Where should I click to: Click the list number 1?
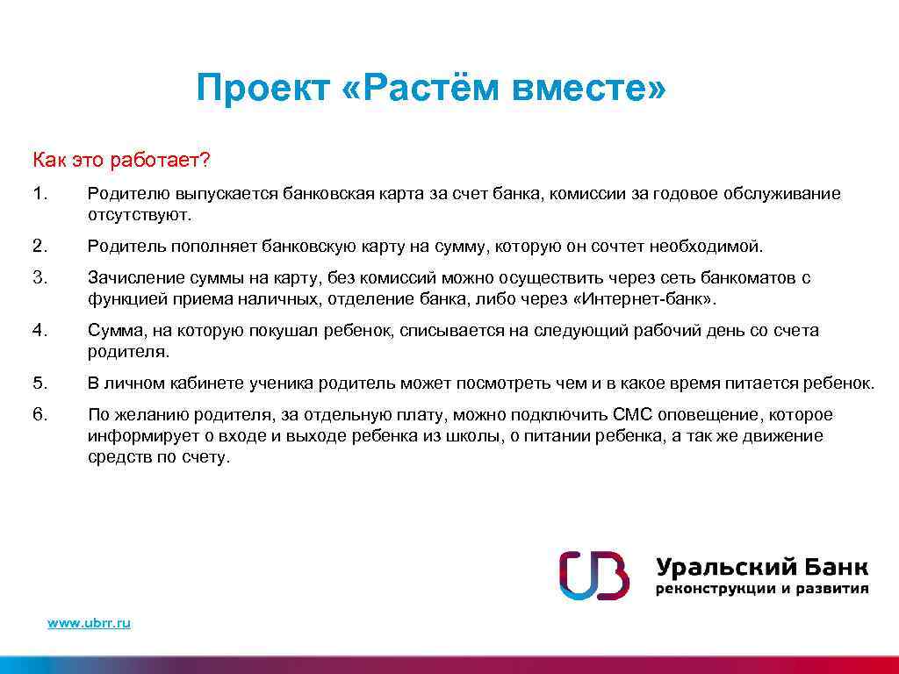pyautogui.click(x=39, y=193)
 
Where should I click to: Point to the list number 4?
pyautogui.click(x=39, y=331)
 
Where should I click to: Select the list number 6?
pyautogui.click(x=39, y=414)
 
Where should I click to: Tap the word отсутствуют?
pyautogui.click(x=138, y=214)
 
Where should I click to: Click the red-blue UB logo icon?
pyautogui.click(x=594, y=575)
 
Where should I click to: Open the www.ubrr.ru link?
pyautogui.click(x=89, y=622)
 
